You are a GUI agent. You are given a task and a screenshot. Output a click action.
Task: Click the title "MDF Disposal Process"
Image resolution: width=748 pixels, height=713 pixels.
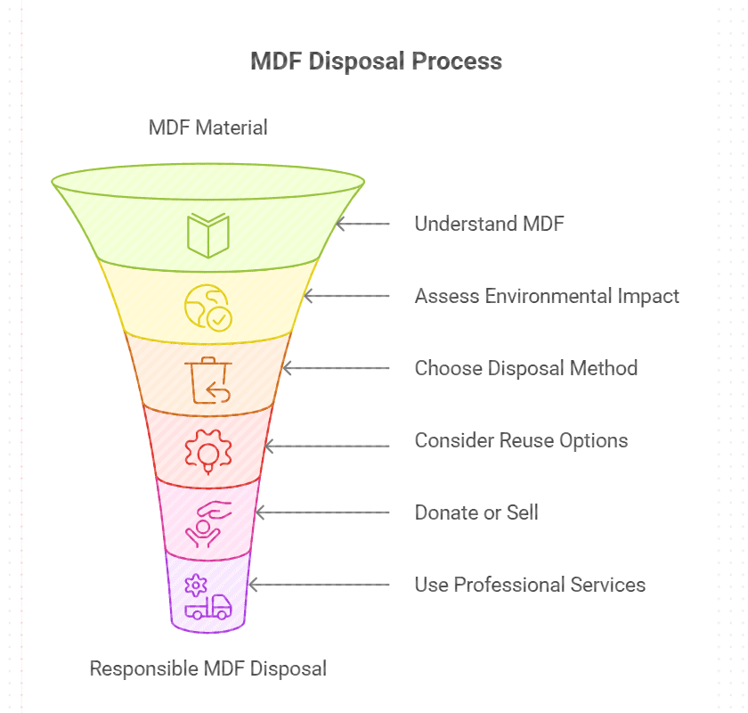tap(376, 61)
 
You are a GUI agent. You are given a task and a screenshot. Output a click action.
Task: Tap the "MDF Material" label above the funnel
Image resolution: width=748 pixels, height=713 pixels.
tap(207, 127)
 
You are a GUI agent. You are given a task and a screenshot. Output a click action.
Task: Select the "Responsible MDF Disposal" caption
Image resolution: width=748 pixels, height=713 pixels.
tap(207, 668)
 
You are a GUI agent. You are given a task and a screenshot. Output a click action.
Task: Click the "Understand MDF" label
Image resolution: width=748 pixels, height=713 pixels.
tap(489, 224)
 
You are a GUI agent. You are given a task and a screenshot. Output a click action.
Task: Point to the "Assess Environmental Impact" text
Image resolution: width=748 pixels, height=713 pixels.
tap(547, 296)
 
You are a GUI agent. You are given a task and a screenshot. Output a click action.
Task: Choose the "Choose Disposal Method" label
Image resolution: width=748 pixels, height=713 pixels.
tap(525, 368)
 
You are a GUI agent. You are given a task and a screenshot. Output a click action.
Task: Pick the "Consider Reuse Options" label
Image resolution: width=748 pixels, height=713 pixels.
tap(521, 440)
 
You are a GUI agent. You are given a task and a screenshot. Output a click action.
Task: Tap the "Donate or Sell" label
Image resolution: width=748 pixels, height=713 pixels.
tap(476, 512)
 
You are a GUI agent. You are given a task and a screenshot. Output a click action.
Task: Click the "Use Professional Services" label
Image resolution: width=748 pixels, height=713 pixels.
tap(530, 585)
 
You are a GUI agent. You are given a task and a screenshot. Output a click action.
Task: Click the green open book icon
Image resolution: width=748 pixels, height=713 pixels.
tap(207, 234)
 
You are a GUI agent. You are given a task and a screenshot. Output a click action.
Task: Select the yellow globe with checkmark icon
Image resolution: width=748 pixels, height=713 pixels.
tap(207, 307)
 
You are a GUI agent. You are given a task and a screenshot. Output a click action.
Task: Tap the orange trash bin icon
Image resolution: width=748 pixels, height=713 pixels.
tap(207, 379)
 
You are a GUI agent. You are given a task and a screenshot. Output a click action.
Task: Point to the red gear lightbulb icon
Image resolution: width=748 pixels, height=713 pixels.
tap(207, 451)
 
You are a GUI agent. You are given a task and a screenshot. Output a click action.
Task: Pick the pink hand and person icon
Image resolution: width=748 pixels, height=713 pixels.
tap(207, 523)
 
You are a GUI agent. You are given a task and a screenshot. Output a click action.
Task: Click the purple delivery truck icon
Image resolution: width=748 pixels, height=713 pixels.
tap(207, 597)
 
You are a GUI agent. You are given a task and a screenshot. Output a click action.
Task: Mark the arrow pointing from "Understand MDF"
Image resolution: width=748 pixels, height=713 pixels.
tap(362, 224)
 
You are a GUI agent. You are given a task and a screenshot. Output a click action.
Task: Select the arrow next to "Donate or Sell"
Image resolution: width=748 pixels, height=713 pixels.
tap(322, 512)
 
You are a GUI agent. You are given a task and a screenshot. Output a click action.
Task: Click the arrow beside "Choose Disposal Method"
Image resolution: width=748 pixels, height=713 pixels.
tap(336, 368)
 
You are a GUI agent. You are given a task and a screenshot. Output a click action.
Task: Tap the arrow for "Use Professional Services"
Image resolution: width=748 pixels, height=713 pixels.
tap(319, 585)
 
